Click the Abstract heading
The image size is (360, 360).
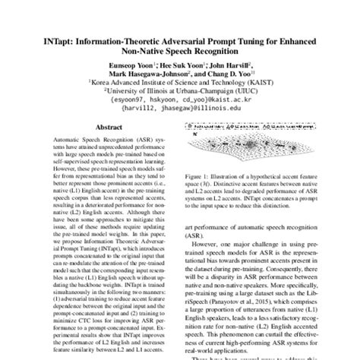(106, 128)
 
